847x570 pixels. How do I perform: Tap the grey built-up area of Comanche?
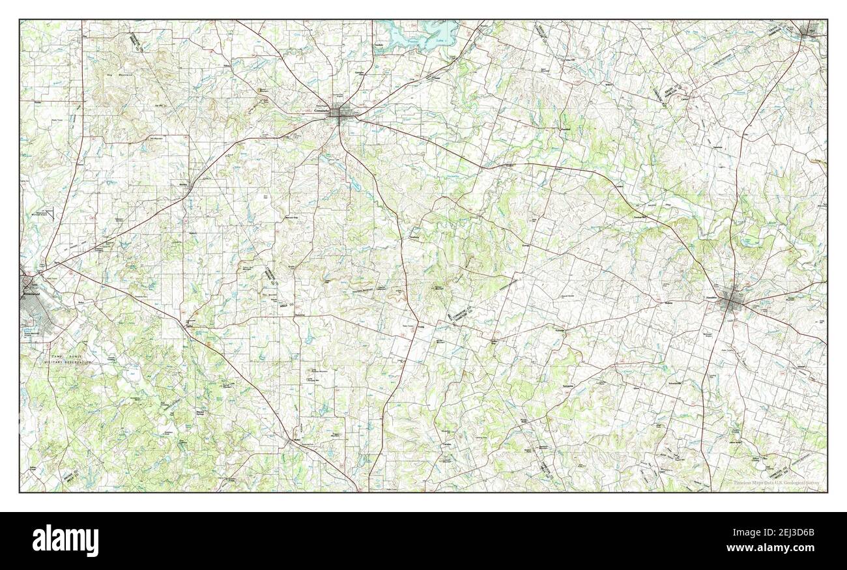point(339,114)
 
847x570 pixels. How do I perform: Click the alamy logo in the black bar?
point(65,541)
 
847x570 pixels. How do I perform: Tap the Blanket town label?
point(183,184)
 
